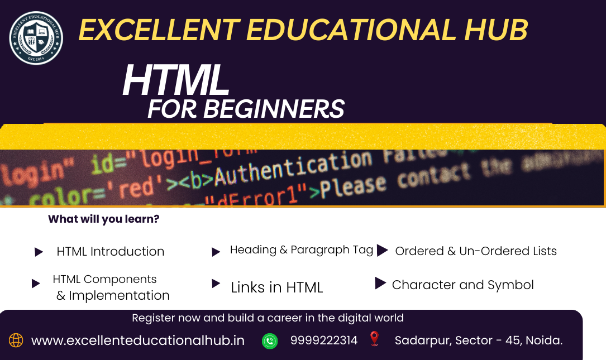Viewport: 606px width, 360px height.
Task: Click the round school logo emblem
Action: pyautogui.click(x=36, y=38)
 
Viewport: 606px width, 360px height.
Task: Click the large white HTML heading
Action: pyautogui.click(x=176, y=81)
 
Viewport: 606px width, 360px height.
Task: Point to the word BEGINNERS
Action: pyautogui.click(x=273, y=108)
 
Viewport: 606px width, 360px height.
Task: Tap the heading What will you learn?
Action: pyautogui.click(x=103, y=219)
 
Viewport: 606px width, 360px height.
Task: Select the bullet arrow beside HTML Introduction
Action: pyautogui.click(x=39, y=252)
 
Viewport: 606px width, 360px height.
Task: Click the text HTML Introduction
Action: pyautogui.click(x=111, y=252)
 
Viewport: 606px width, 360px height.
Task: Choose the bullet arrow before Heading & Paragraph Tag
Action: pyautogui.click(x=216, y=252)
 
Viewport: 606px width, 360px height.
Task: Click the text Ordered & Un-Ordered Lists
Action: pyautogui.click(x=476, y=251)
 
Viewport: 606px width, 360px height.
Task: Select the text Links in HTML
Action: pyautogui.click(x=277, y=287)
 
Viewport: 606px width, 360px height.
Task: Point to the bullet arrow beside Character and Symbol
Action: pyautogui.click(x=380, y=284)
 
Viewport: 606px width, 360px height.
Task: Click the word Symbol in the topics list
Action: pyautogui.click(x=510, y=285)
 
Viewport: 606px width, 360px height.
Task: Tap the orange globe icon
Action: pyautogui.click(x=16, y=340)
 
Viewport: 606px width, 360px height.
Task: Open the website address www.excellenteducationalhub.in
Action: pyautogui.click(x=138, y=340)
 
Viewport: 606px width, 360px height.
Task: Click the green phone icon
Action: pyautogui.click(x=270, y=340)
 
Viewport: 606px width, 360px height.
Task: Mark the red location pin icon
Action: pyautogui.click(x=374, y=339)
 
